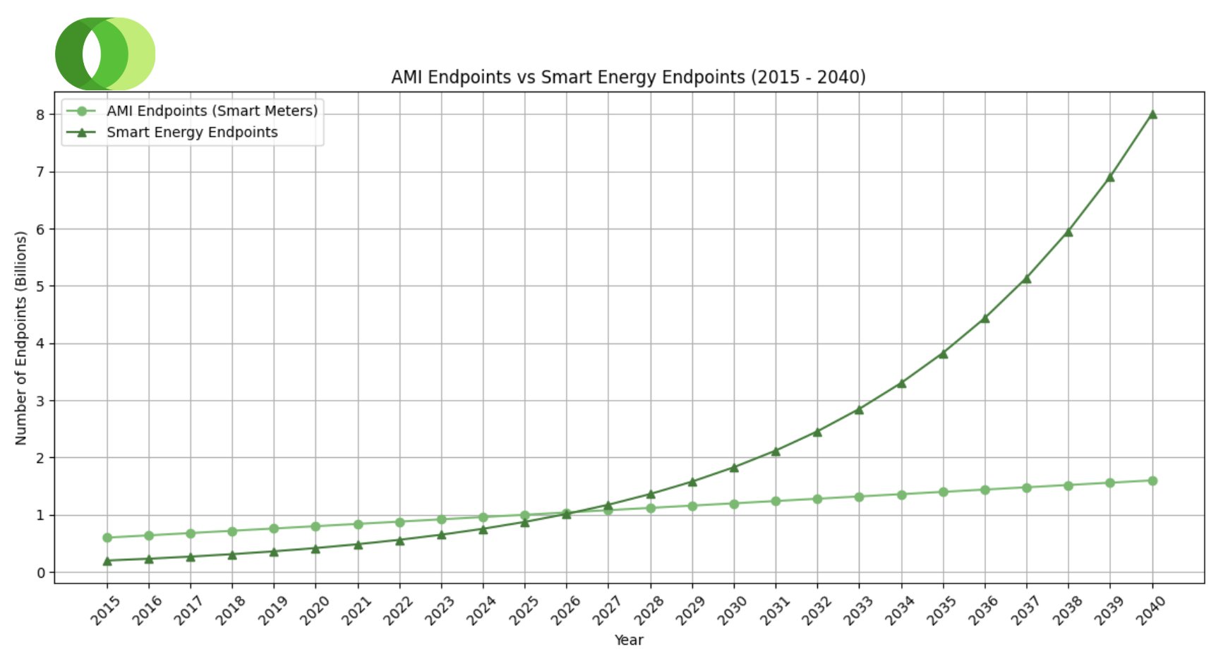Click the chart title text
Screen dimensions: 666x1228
click(628, 77)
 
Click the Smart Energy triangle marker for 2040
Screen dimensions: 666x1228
click(1152, 114)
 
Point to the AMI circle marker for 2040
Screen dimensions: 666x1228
click(1152, 481)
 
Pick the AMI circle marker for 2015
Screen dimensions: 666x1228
click(107, 538)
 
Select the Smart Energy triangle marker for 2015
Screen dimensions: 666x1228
click(107, 561)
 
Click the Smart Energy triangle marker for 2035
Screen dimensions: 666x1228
click(943, 354)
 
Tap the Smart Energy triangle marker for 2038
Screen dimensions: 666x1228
click(1069, 232)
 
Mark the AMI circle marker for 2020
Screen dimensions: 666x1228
click(316, 526)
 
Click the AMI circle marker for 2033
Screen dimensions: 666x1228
click(860, 497)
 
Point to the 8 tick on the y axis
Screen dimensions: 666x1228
click(41, 115)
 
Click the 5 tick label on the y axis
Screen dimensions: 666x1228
click(41, 286)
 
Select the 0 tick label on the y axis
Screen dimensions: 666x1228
click(41, 573)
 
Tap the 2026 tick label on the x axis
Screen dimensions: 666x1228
click(565, 610)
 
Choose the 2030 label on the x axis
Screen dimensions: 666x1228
click(733, 610)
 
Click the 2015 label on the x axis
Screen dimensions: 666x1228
click(106, 610)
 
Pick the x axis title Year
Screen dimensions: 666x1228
click(628, 640)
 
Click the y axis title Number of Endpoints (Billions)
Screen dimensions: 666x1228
click(21, 338)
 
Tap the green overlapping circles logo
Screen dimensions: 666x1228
click(105, 54)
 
